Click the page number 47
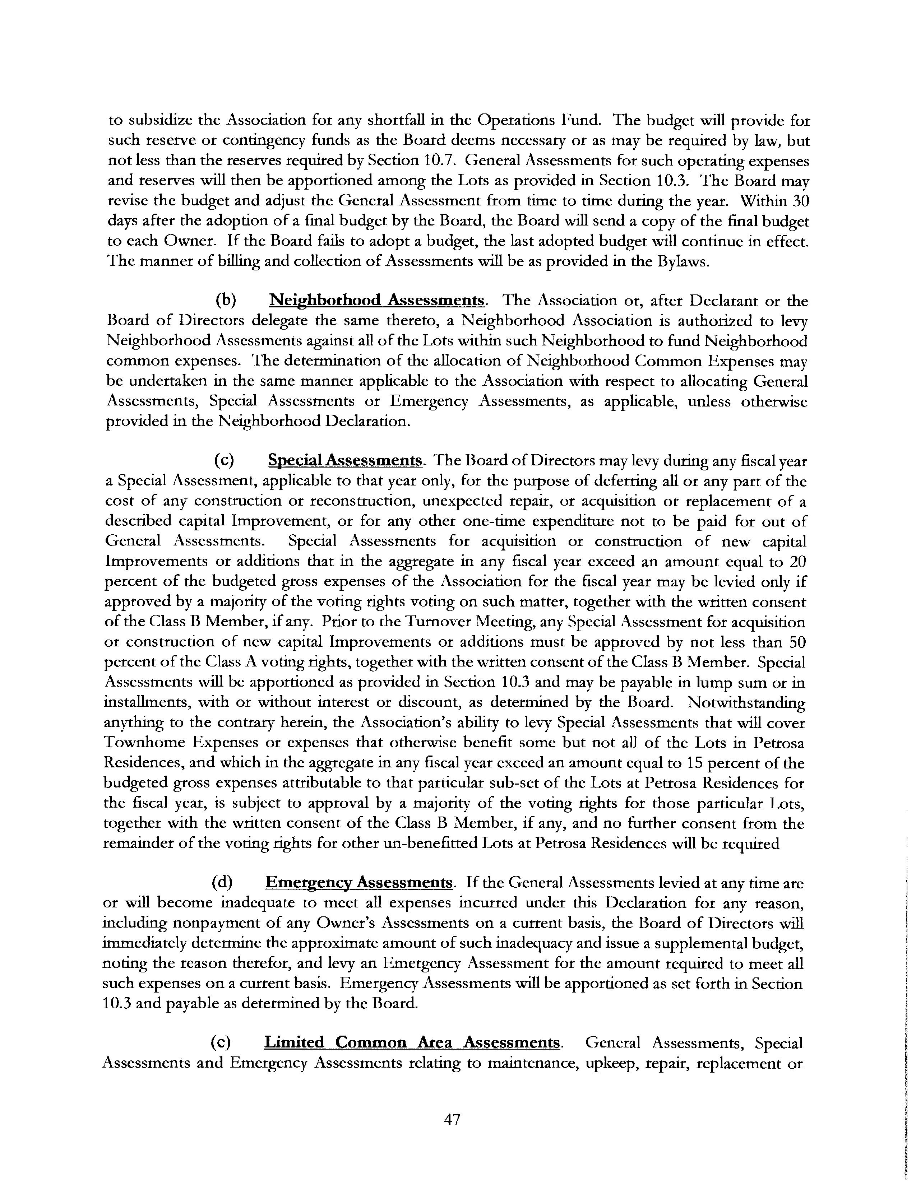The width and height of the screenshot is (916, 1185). [452, 1119]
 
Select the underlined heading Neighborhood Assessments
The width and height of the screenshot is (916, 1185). [376, 300]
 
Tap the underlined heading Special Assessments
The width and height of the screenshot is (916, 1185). [345, 461]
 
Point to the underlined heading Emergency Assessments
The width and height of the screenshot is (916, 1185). [359, 883]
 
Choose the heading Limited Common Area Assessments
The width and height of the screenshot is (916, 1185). [412, 1042]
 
